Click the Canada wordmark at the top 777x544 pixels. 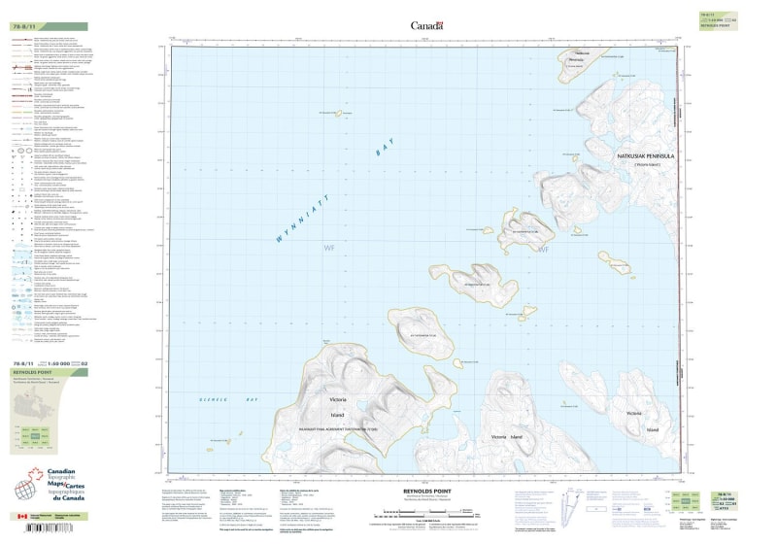(x=426, y=26)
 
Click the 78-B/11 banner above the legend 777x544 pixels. (x=47, y=27)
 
